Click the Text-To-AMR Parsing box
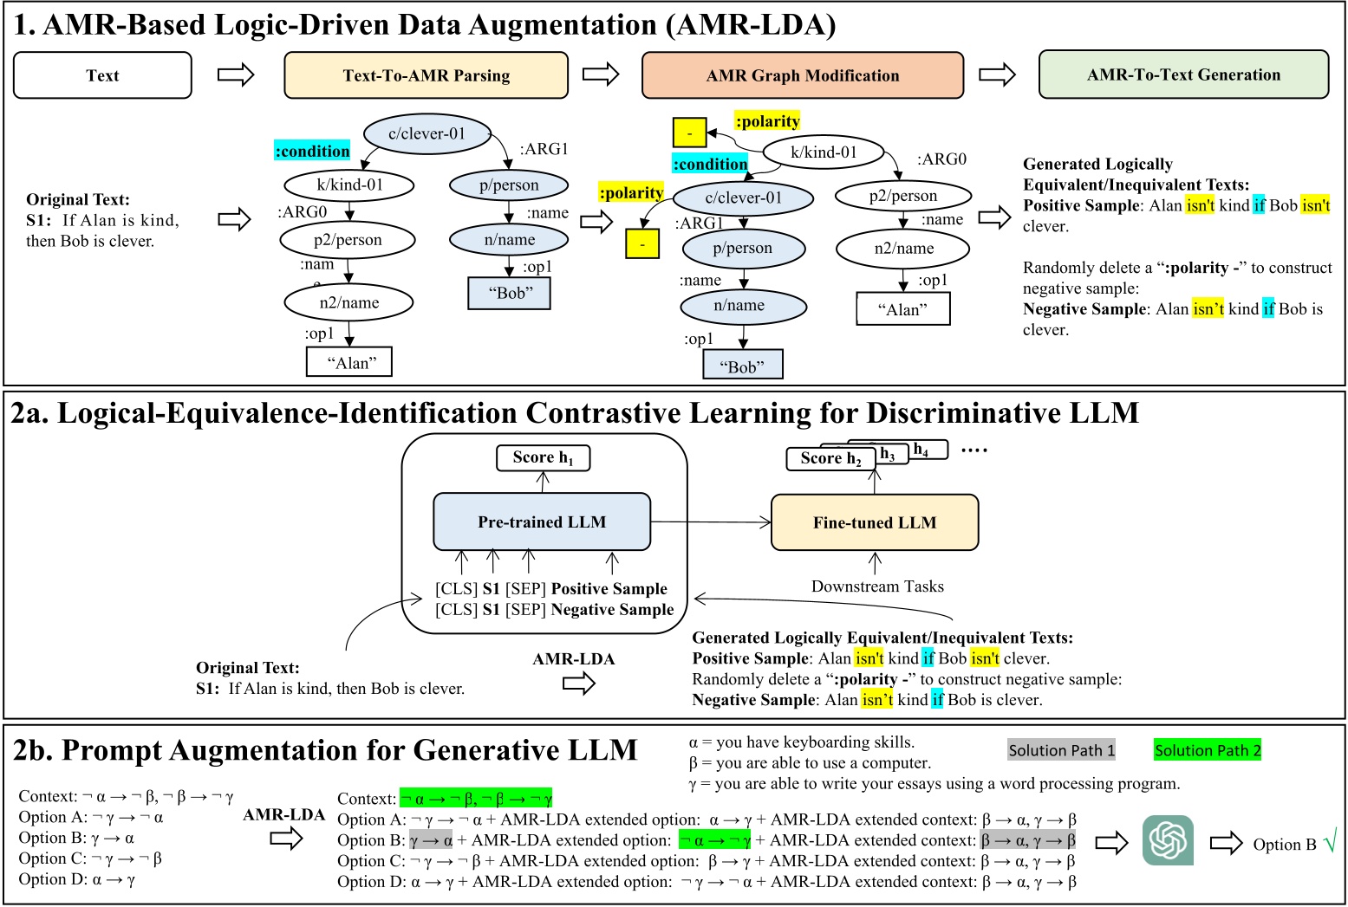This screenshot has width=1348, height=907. click(x=426, y=75)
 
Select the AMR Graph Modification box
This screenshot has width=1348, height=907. click(x=802, y=75)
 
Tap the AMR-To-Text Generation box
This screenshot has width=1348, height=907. click(x=1183, y=75)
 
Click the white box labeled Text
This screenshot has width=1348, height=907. click(x=102, y=75)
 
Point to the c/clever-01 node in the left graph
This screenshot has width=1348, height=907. click(x=427, y=133)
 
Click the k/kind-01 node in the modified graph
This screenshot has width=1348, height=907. click(x=824, y=152)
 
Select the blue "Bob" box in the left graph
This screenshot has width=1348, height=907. click(x=510, y=293)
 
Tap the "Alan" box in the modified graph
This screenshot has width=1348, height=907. click(x=902, y=309)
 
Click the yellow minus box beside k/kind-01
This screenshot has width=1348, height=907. click(x=689, y=133)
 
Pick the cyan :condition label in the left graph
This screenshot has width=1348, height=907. click(x=312, y=151)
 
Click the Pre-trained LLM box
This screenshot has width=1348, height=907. click(x=542, y=522)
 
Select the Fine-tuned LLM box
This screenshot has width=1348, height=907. click(x=874, y=522)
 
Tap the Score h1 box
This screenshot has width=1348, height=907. click(x=543, y=457)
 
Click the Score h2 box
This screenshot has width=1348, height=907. click(x=830, y=459)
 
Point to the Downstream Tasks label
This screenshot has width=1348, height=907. click(x=877, y=586)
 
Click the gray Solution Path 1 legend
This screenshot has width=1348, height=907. click(x=1061, y=750)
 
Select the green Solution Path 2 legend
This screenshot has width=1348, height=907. click(x=1207, y=750)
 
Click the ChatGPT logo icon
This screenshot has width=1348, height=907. click(x=1168, y=839)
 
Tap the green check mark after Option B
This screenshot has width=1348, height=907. click(x=1330, y=839)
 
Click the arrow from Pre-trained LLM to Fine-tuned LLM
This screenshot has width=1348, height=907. click(x=710, y=522)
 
